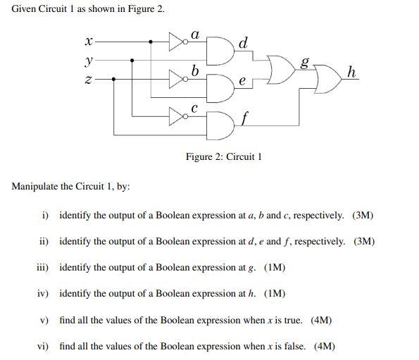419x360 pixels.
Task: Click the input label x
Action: [88, 42]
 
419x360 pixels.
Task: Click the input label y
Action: [88, 59]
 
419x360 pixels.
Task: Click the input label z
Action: [88, 80]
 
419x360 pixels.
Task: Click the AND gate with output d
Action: [221, 49]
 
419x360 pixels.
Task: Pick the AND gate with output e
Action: [221, 86]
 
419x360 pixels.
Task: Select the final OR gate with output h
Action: [326, 82]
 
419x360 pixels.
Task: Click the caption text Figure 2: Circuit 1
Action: [224, 156]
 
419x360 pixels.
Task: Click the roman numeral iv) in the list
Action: [44, 294]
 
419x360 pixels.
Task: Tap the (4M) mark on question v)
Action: [321, 320]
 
